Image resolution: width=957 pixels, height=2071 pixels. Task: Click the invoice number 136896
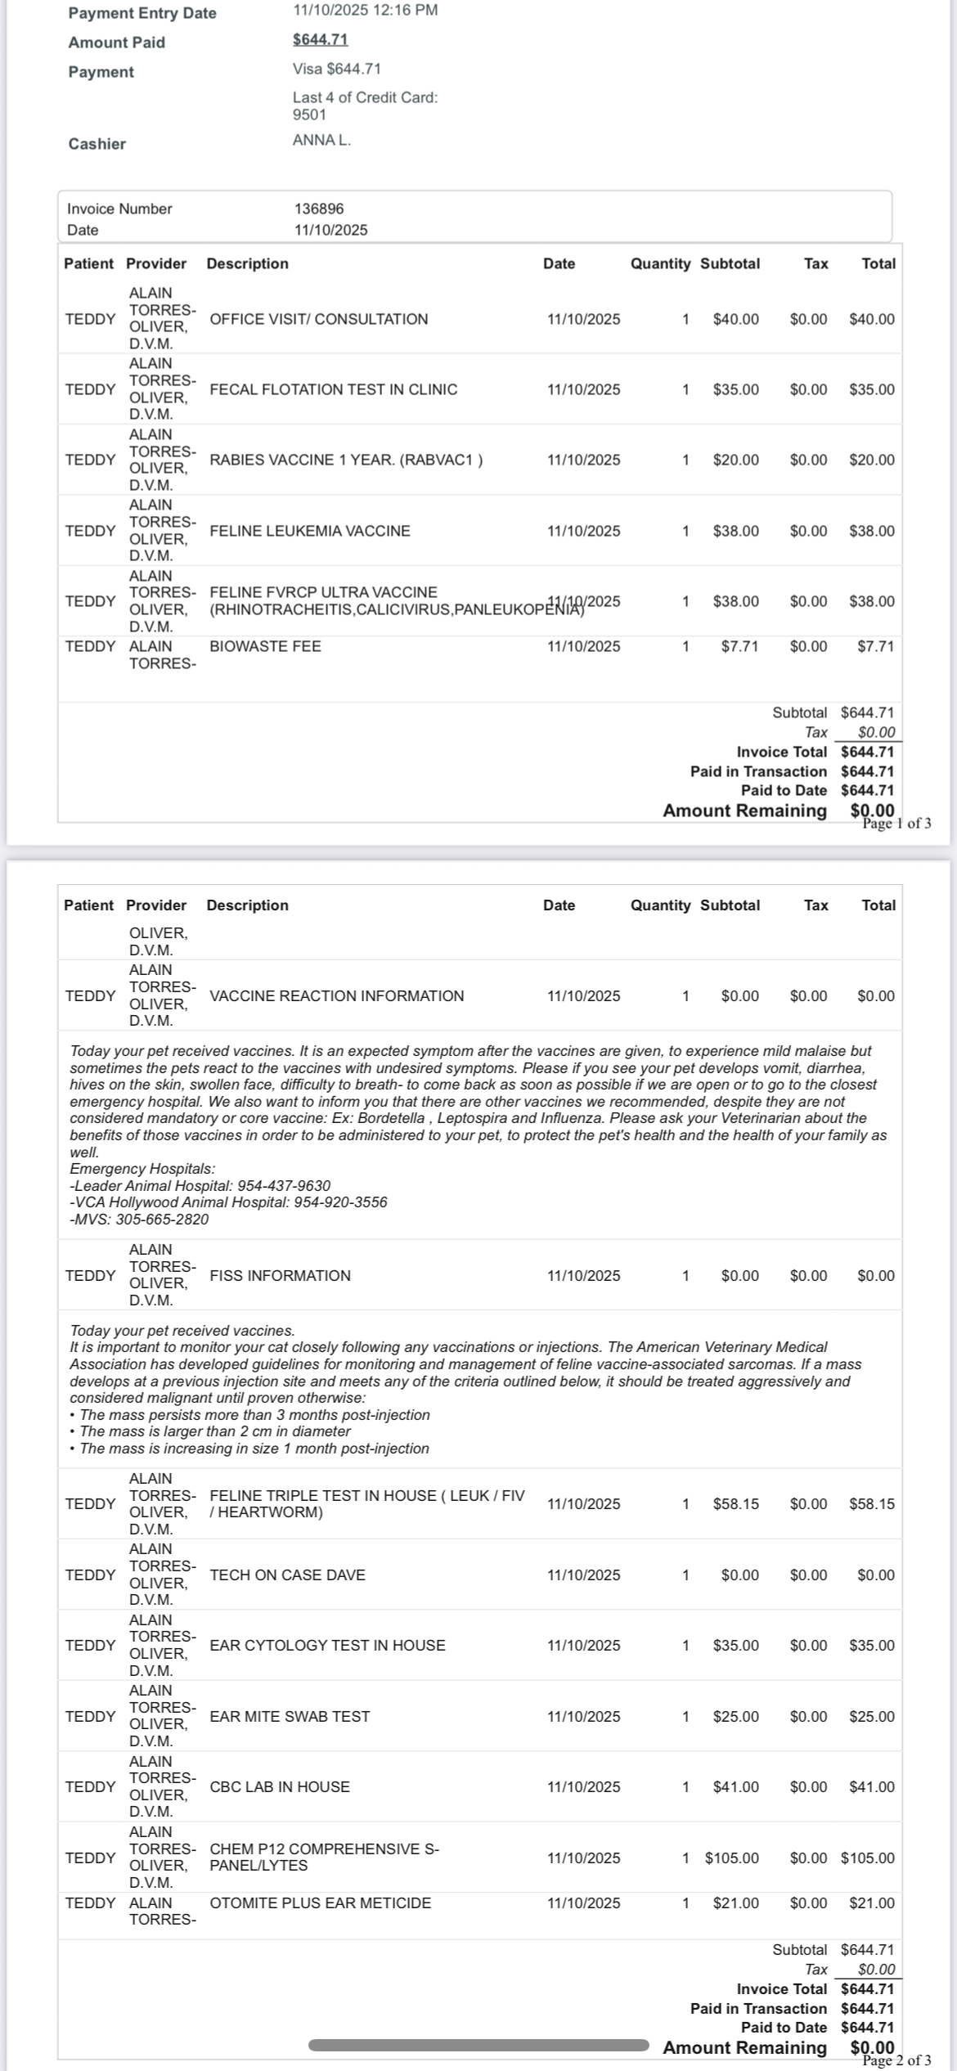coord(319,209)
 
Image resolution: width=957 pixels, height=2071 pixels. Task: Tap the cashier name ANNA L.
coord(321,140)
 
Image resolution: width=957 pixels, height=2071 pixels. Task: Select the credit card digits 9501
coord(309,115)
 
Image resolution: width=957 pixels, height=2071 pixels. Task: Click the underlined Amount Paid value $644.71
coord(320,39)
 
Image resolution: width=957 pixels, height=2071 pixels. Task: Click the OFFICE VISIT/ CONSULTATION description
coord(318,319)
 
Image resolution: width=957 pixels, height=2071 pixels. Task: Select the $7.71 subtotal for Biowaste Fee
coord(739,646)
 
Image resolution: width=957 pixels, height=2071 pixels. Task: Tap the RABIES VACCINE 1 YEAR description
coord(345,460)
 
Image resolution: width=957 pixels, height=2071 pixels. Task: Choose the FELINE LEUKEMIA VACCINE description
coord(309,531)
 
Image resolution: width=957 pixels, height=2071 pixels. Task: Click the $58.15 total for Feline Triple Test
coord(872,1503)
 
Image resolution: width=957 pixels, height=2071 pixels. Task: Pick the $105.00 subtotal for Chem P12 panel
coord(732,1858)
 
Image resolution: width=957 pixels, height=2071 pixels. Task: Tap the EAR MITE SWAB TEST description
coord(290,1716)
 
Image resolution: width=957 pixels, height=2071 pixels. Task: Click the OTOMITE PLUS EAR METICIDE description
coord(320,1903)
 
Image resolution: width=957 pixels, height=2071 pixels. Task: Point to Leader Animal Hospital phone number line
coord(200,1186)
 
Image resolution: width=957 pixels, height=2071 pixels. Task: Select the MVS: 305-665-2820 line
coord(139,1220)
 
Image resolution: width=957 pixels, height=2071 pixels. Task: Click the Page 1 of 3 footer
coord(896,824)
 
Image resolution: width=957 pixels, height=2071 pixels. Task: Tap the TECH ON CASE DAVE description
coord(287,1575)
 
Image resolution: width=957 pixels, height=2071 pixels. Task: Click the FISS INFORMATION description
coord(280,1275)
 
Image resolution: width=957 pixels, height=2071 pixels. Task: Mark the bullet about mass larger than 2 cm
coord(215,1431)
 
